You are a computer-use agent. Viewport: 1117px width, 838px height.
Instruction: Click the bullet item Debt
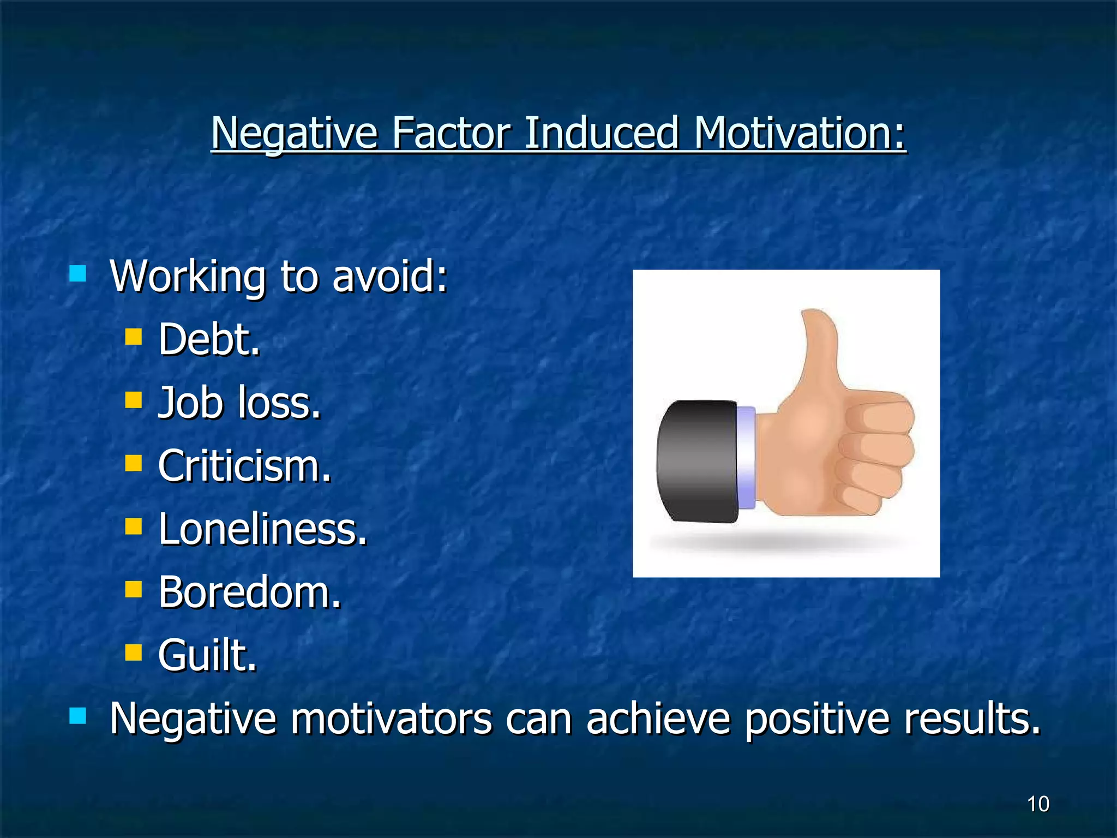209,339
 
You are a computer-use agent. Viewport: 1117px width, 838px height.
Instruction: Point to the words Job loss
239,403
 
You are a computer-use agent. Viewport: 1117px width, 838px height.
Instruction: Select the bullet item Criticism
244,466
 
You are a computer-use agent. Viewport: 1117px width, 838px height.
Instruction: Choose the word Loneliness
262,529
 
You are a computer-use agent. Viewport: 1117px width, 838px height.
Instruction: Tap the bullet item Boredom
249,592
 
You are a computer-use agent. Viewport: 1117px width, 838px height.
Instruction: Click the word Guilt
207,655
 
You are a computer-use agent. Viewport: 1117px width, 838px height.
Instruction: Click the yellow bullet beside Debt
133,337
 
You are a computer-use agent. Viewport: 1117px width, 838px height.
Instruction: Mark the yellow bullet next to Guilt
133,652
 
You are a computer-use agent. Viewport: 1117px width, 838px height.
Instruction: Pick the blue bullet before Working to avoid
78,273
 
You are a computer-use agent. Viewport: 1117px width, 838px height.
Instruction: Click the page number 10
1038,804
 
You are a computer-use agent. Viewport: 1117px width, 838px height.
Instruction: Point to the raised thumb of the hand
818,349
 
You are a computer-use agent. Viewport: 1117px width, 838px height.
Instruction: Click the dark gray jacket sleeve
697,461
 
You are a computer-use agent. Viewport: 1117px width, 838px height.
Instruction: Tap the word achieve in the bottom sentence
658,719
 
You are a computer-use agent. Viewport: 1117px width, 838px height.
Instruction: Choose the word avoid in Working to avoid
389,276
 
